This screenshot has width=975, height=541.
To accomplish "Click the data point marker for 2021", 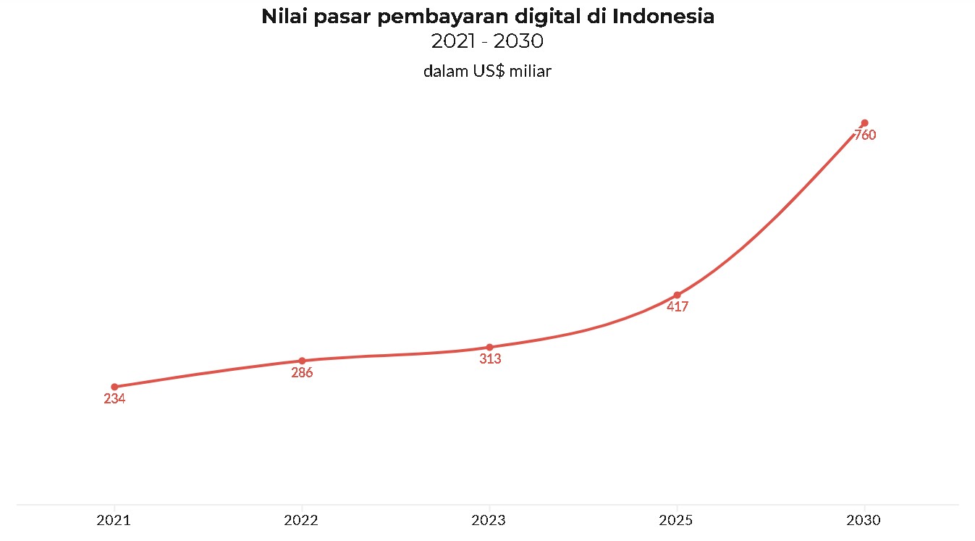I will (114, 387).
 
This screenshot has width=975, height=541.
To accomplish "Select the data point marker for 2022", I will (302, 361).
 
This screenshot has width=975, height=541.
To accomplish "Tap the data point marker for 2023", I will (489, 347).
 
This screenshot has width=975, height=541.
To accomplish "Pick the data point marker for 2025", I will (677, 295).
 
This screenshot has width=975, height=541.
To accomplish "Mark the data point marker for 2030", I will (864, 122).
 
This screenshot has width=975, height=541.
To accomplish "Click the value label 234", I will (114, 399).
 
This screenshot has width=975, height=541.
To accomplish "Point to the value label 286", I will (302, 373).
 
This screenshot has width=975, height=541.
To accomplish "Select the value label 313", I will (490, 359).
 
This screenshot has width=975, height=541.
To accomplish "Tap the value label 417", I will (677, 307).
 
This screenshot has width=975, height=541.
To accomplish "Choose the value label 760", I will (865, 135).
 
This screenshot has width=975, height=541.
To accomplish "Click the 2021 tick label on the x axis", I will (114, 521).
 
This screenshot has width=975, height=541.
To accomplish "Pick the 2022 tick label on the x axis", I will (302, 521).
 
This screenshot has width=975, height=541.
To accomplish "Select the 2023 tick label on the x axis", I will (489, 521).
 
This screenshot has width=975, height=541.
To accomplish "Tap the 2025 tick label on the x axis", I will (677, 521).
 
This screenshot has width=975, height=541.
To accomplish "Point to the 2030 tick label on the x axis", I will (864, 521).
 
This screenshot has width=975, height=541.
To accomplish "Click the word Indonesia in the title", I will (663, 17).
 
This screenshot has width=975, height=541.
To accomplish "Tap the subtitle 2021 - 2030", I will (487, 42).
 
